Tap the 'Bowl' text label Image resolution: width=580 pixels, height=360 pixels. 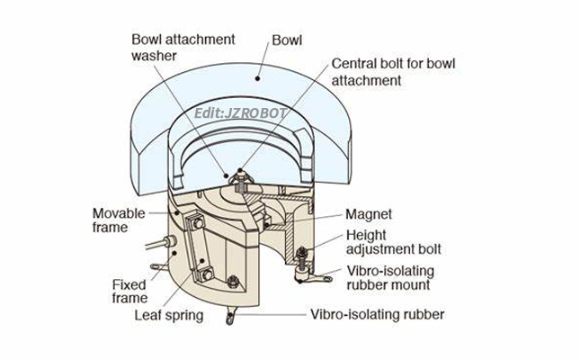click(x=286, y=40)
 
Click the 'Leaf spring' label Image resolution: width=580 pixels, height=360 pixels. click(x=168, y=315)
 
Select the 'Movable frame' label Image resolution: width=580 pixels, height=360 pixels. click(x=117, y=220)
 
